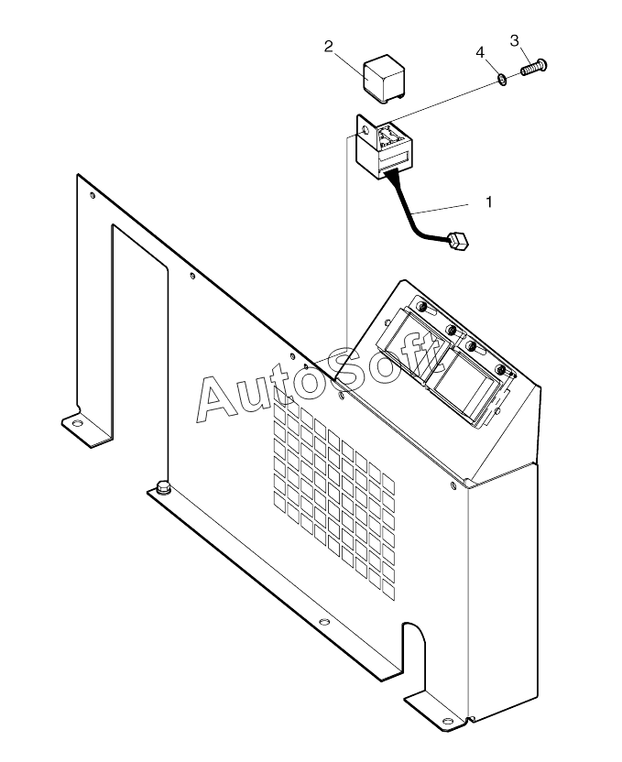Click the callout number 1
point(488,201)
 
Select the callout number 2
point(329,46)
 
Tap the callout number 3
point(515,40)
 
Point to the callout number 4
point(480,53)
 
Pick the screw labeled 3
point(532,67)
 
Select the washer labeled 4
point(503,79)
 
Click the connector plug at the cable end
point(457,241)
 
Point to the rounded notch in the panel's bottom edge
point(414,641)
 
